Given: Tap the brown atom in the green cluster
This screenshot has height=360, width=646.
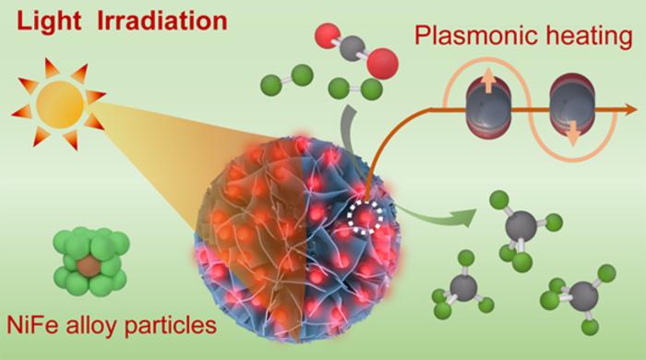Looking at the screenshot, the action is pos(87,267).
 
